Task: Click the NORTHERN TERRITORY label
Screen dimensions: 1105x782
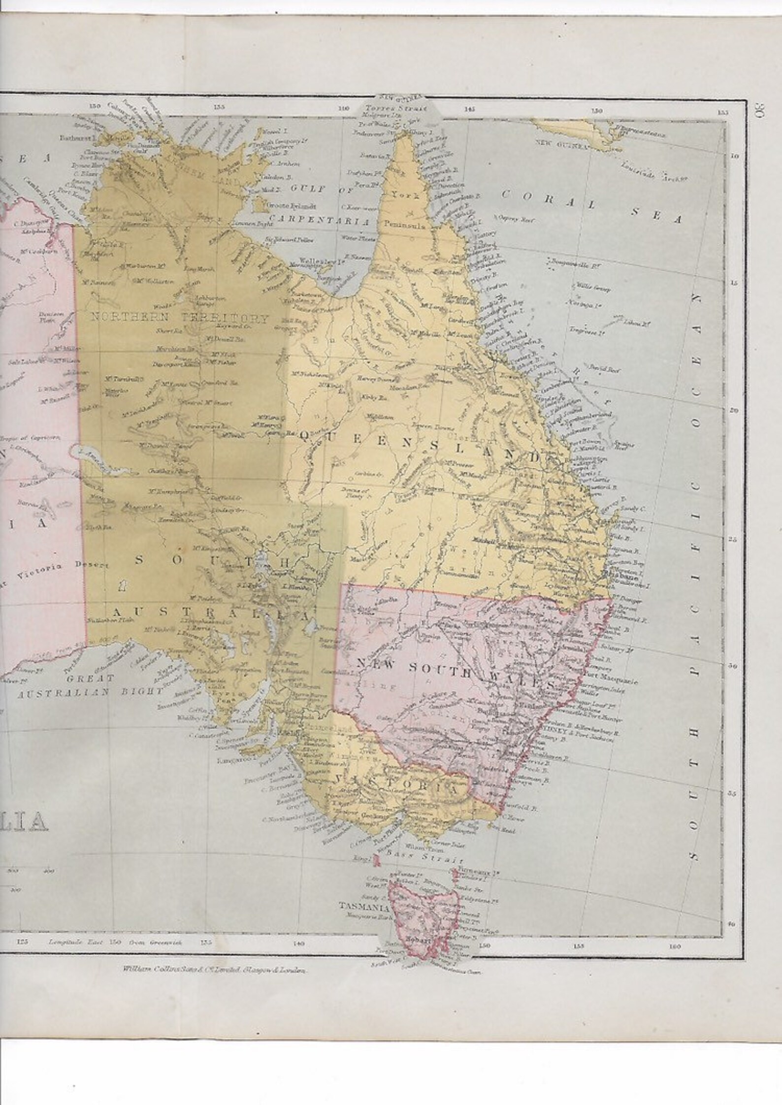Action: pyautogui.click(x=180, y=318)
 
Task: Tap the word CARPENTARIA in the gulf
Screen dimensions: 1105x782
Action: pyautogui.click(x=319, y=223)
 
